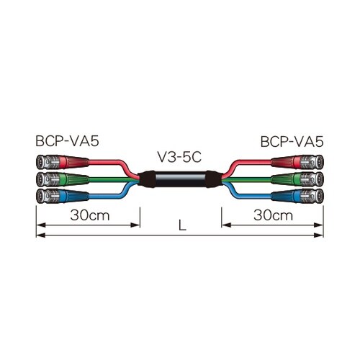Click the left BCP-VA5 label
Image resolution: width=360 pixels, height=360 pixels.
coord(67,141)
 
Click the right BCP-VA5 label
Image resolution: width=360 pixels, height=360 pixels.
coord(292,142)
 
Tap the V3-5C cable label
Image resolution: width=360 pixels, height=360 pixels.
coord(179,158)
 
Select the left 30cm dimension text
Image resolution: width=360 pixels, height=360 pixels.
coord(90,215)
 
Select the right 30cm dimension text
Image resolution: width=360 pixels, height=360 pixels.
coord(273,215)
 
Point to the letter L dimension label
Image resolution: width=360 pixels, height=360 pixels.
coord(182,225)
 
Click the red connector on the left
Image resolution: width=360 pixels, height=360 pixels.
coord(63,162)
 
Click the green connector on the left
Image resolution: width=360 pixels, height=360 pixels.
coord(63,179)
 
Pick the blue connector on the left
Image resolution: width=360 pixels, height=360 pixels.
coord(63,196)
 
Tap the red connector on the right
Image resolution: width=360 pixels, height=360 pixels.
coord(297,162)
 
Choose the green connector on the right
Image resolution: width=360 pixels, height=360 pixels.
coord(297,179)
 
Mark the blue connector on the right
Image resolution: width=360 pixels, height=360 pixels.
coord(297,196)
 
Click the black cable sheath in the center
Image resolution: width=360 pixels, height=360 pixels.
coord(180,179)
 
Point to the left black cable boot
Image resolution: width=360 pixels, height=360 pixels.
coord(146,179)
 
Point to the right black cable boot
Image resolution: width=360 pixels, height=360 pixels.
coord(214,179)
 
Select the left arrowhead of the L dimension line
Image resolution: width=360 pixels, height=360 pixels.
coord(40,235)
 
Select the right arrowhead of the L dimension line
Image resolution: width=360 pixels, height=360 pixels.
coord(319,235)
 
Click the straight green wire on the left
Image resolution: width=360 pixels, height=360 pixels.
coord(114,179)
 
